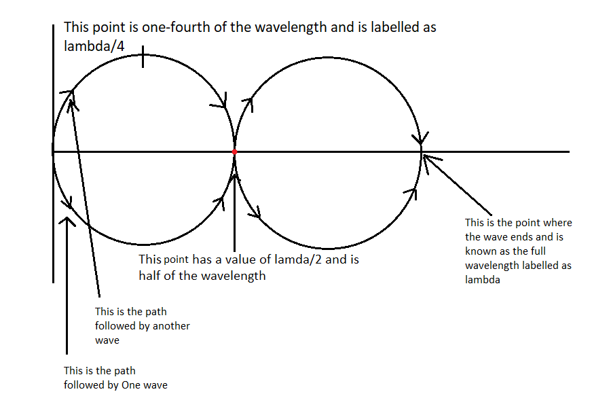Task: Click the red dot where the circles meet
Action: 234,151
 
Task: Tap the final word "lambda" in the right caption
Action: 482,279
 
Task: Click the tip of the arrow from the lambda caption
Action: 425,157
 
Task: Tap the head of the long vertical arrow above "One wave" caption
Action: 67,220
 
